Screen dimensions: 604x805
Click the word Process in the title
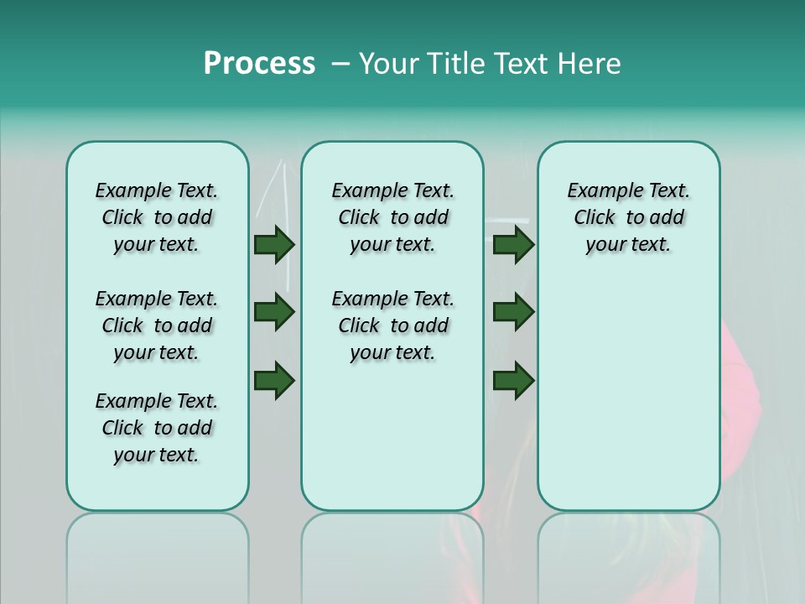[x=259, y=64]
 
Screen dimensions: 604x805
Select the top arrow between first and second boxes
[x=274, y=244]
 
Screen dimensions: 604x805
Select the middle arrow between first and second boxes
[x=274, y=312]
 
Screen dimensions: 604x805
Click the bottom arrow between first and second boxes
[x=274, y=380]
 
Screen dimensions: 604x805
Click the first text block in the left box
[x=157, y=217]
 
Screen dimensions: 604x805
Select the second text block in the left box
[x=157, y=325]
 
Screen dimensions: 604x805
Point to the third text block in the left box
[x=157, y=428]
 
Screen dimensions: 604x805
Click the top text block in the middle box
[x=392, y=217]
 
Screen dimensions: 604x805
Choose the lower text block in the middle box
[x=392, y=325]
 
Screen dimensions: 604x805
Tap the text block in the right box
[x=628, y=217]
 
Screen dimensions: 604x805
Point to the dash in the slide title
[x=340, y=64]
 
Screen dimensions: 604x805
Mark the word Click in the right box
[x=595, y=218]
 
